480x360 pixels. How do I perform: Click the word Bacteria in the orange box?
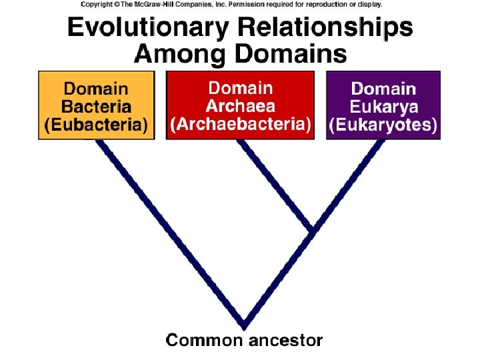coord(96,107)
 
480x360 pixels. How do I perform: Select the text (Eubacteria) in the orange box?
coord(96,125)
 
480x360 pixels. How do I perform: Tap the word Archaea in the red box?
coord(240,106)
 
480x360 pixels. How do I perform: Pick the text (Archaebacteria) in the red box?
coord(240,124)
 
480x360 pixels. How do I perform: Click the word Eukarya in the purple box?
coord(383,107)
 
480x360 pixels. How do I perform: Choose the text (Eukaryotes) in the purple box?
coord(383,125)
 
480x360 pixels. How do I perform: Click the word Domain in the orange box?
coord(96,89)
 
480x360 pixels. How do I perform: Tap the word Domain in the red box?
coord(240,88)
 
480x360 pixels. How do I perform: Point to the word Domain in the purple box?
coord(383,89)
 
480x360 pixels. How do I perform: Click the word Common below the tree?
coord(204,341)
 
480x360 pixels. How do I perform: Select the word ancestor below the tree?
coord(285,341)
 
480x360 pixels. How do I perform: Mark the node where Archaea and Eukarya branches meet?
coord(312,231)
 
